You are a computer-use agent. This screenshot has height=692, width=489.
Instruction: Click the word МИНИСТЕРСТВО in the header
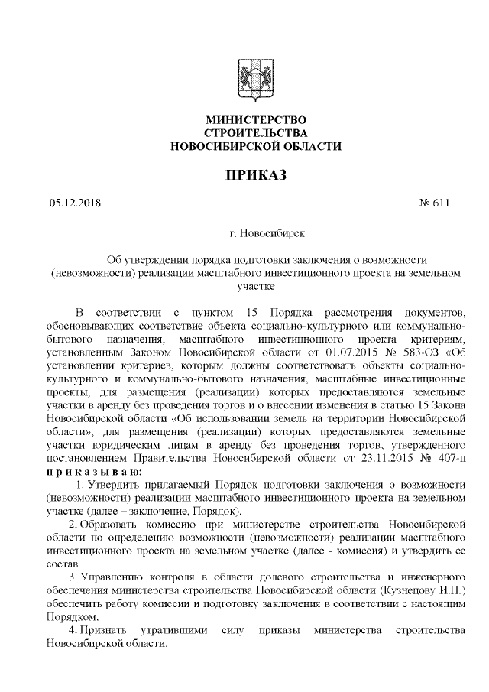tap(255, 120)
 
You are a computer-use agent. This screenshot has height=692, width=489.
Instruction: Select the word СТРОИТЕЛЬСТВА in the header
tap(255, 133)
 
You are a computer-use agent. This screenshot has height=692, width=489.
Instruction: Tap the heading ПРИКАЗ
tap(255, 175)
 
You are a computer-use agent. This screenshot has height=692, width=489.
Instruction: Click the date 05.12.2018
tap(75, 203)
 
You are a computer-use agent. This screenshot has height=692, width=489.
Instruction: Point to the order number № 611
tap(436, 203)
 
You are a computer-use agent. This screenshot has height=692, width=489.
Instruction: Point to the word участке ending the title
tap(255, 286)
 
